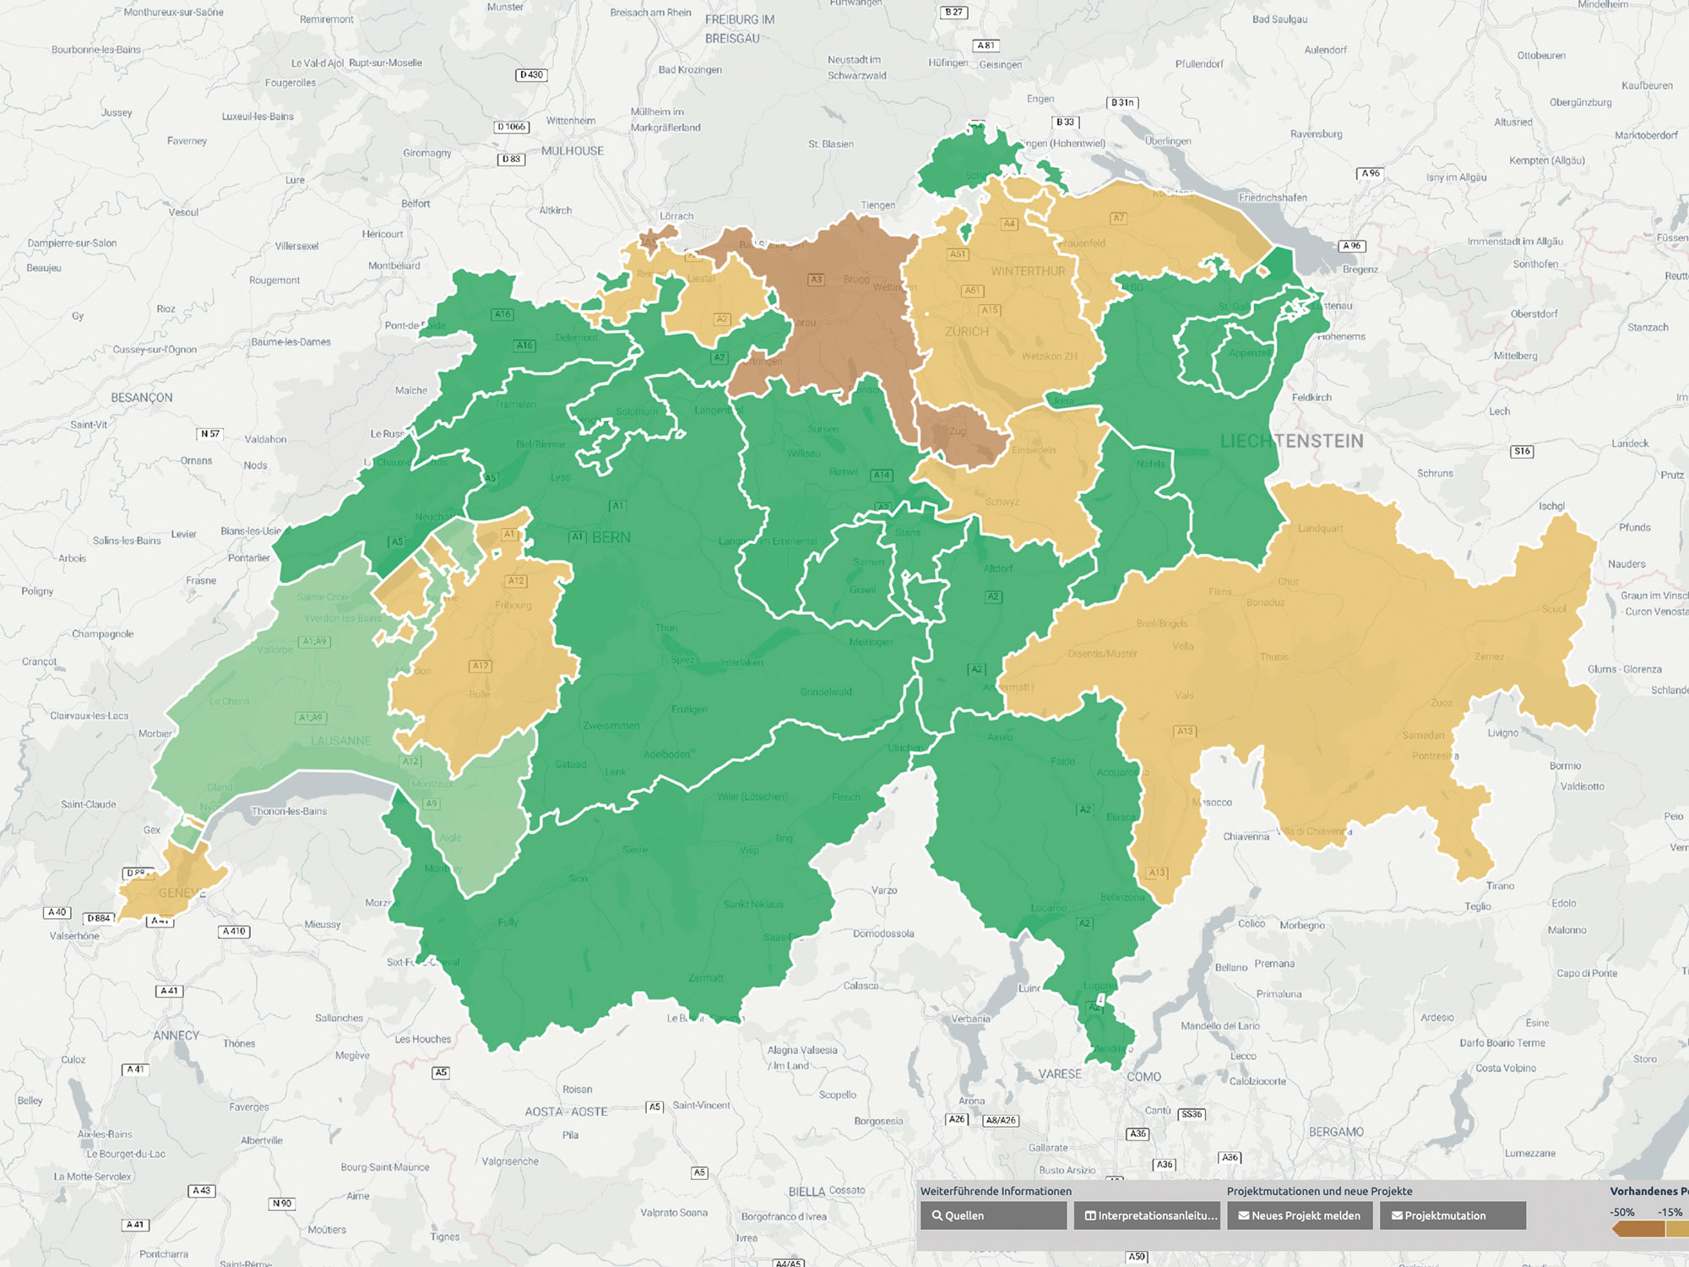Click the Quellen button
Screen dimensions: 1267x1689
(x=993, y=1215)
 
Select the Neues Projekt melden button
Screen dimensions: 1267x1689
(x=1300, y=1215)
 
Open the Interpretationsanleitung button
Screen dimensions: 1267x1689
(x=1147, y=1215)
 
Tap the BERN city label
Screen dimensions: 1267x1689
(x=611, y=537)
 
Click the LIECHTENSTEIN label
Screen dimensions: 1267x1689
(x=1291, y=441)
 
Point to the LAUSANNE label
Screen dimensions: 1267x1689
(x=340, y=741)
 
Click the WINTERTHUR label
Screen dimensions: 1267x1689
(x=1028, y=271)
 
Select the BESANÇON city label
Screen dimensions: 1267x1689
(x=142, y=398)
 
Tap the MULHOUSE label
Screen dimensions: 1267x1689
(x=573, y=151)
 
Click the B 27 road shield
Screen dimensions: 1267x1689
(x=953, y=12)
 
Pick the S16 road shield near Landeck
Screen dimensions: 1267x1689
(x=1522, y=451)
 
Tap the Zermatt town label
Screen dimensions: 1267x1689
(x=706, y=978)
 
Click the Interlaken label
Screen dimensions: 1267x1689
(x=741, y=662)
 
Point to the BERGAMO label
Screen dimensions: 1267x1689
(x=1336, y=1132)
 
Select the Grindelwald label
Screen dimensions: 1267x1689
(x=826, y=692)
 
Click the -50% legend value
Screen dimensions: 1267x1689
(x=1621, y=1212)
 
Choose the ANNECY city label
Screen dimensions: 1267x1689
(x=177, y=1036)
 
